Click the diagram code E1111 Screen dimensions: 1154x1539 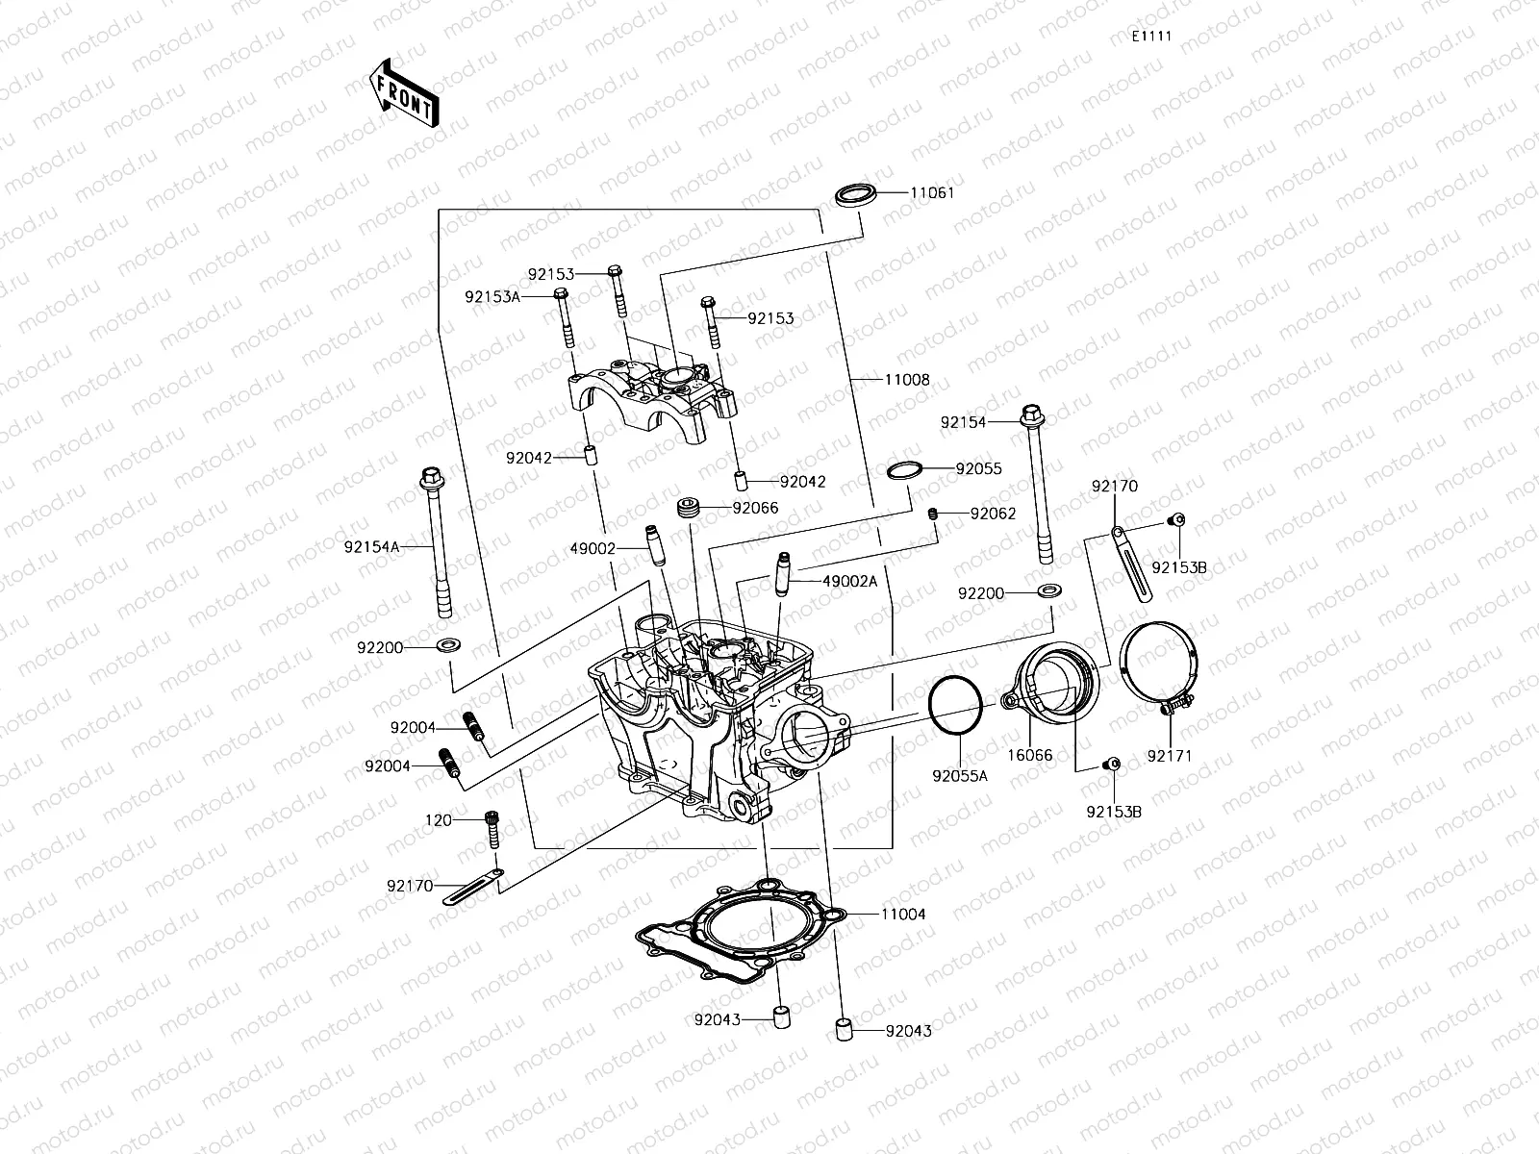[x=1150, y=36]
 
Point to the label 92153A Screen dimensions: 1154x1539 [x=492, y=297]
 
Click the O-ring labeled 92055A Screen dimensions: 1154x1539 [x=955, y=709]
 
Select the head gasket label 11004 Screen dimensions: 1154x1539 [x=902, y=914]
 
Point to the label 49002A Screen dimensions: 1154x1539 [x=849, y=581]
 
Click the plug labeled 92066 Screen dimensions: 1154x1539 [x=688, y=511]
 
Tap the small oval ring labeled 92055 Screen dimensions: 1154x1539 [x=904, y=470]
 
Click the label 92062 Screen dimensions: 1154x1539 [x=993, y=514]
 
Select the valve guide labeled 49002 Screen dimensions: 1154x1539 [x=653, y=548]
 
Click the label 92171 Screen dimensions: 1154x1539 [x=1169, y=756]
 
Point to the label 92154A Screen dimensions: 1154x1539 [x=370, y=546]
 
